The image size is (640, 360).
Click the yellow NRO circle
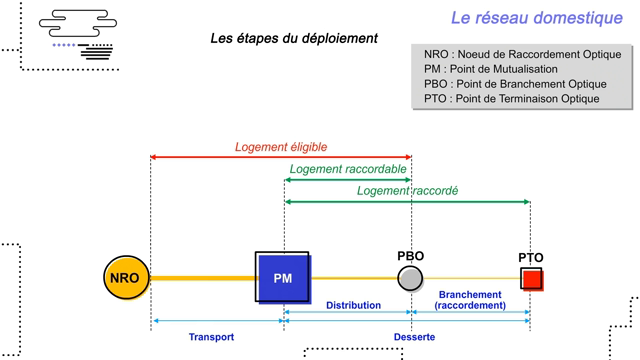point(126,278)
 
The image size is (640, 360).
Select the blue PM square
point(282,277)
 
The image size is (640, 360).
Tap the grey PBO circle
point(410,278)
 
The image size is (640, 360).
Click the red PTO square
point(531,278)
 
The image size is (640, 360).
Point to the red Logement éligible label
point(274,147)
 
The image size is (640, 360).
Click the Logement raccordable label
point(347,169)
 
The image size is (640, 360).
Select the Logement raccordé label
point(407,190)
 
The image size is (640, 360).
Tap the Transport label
point(211,337)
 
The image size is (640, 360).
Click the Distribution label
point(353,305)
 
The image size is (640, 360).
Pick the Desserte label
point(414,337)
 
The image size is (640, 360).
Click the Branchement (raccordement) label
point(470,300)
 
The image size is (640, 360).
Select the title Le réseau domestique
point(536,17)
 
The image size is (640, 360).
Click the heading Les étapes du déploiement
point(294,38)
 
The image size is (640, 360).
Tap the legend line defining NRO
point(522,54)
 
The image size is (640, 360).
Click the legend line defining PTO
point(511,99)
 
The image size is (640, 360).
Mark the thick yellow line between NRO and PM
point(202,278)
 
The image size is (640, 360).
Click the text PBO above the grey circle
point(410,256)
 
